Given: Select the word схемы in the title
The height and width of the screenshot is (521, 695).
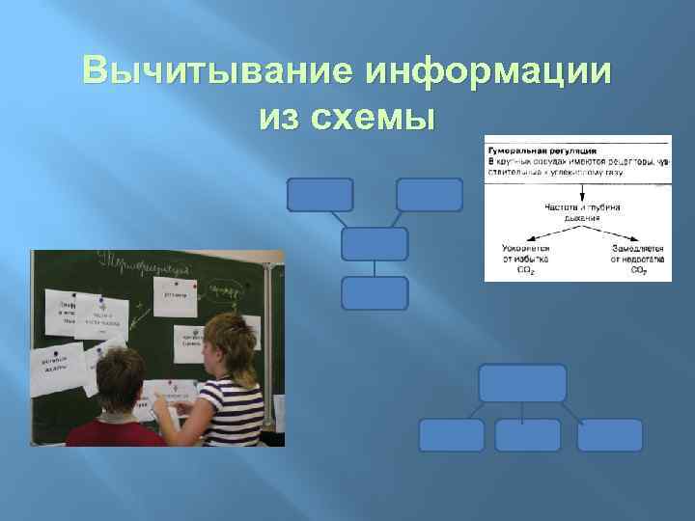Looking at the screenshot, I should click(381, 119).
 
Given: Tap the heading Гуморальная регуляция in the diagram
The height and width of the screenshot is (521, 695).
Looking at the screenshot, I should click(542, 151).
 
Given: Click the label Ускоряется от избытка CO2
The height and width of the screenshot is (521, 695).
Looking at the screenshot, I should click(525, 258).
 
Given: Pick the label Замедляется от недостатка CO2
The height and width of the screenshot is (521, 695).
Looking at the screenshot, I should click(637, 258).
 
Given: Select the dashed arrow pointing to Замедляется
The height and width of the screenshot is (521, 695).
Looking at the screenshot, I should click(613, 232).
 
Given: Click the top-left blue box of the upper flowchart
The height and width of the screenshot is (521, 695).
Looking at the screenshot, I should click(320, 195).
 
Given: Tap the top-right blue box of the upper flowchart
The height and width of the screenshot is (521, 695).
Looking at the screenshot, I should click(429, 195).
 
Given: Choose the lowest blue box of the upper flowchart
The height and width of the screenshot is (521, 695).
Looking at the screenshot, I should click(375, 293).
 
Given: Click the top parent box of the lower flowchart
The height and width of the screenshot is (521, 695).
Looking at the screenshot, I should click(522, 382).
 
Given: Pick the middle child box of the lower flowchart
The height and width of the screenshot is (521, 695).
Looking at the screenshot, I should click(527, 435).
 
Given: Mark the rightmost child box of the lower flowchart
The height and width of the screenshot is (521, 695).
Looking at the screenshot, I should click(610, 435).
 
